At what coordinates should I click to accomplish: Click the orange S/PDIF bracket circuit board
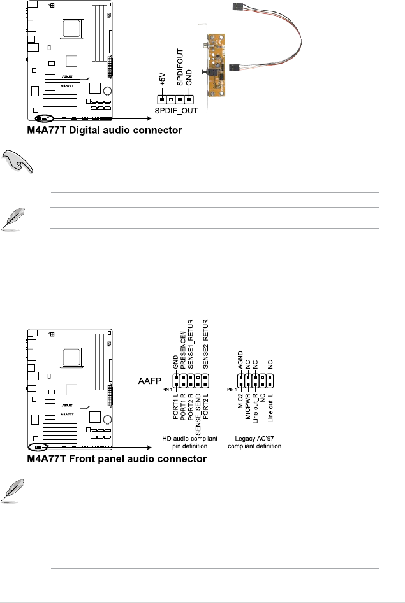(x=217, y=69)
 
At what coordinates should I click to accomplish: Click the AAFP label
(x=151, y=381)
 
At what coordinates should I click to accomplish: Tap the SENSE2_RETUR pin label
(x=206, y=344)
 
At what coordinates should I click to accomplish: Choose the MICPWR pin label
(x=247, y=410)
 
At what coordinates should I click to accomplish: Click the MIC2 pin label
(x=240, y=405)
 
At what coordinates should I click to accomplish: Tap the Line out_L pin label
(x=270, y=413)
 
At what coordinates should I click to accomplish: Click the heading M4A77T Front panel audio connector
(x=117, y=459)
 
